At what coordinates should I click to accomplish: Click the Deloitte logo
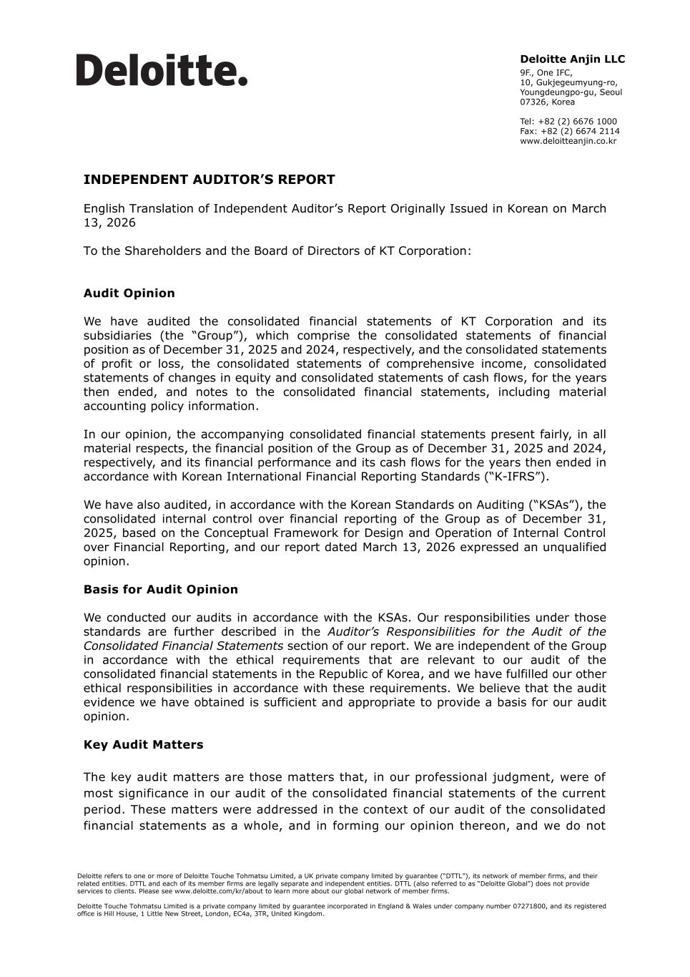[x=162, y=70]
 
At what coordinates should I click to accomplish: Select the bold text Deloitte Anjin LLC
[x=572, y=59]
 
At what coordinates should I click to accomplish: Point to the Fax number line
[x=569, y=132]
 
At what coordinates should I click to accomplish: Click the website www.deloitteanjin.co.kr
[x=568, y=141]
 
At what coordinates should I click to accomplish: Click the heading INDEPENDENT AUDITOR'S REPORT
[x=209, y=180]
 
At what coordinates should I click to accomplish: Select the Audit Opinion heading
[x=129, y=293]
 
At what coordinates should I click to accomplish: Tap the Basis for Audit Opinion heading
[x=160, y=590]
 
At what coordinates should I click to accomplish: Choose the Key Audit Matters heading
[x=143, y=745]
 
